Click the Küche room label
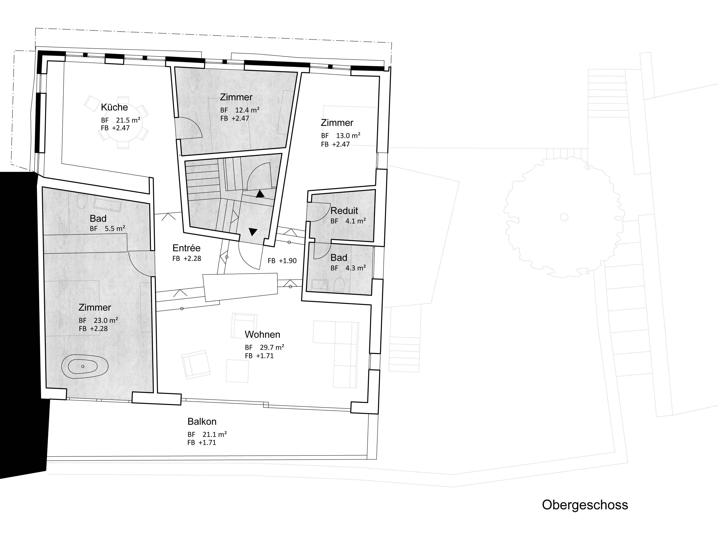coord(114,107)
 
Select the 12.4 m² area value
coord(247,110)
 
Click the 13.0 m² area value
coord(348,136)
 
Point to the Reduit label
coord(344,211)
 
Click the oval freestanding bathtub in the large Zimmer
coord(85,366)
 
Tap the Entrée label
coord(186,248)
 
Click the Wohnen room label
coord(262,334)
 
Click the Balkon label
coord(202,422)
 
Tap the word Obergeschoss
coord(585,505)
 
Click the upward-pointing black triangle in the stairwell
coord(260,194)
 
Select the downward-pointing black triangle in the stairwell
coord(253,232)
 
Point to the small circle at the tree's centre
coord(564,217)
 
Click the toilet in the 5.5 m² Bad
coord(82,202)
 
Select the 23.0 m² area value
coord(105,321)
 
